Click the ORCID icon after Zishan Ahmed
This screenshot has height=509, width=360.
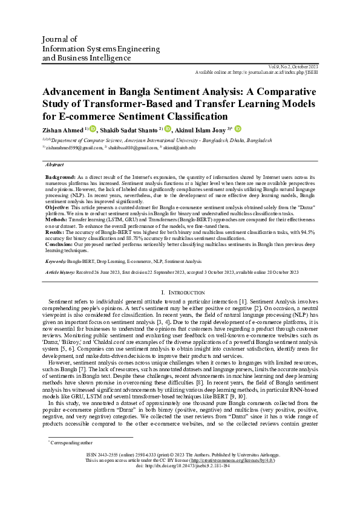pos(93,129)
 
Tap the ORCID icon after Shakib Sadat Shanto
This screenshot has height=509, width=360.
pos(168,129)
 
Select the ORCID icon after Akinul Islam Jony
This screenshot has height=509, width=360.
pos(238,129)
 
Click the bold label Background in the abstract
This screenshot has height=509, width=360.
pos(59,176)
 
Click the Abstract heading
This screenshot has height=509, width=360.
pos(55,164)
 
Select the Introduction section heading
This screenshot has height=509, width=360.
pos(179,292)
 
